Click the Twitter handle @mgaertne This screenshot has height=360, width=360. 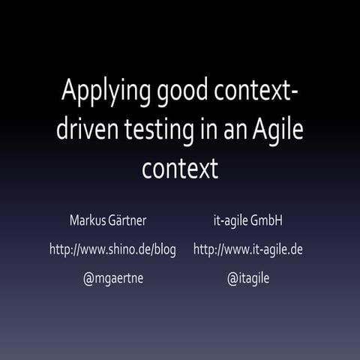click(x=112, y=278)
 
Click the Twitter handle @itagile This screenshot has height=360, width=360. click(x=248, y=278)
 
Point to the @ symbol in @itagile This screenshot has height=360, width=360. click(x=233, y=278)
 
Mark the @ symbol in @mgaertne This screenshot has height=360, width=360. click(x=89, y=278)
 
